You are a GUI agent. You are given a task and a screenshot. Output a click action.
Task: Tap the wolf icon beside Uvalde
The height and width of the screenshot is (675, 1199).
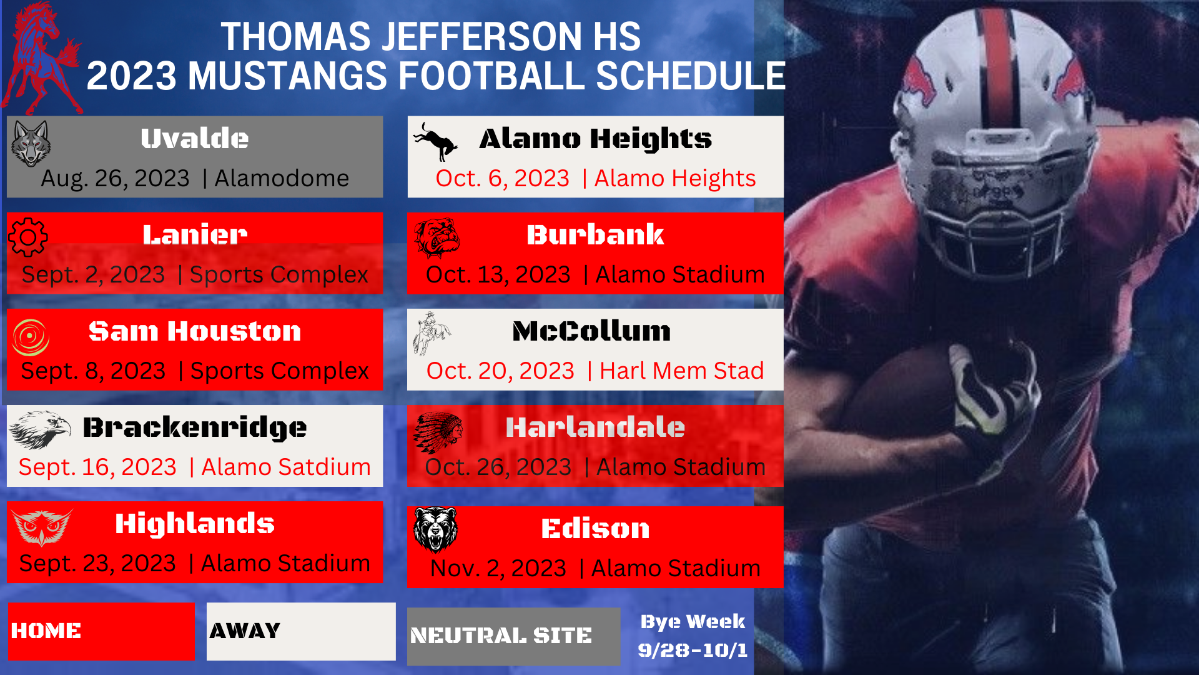(31, 143)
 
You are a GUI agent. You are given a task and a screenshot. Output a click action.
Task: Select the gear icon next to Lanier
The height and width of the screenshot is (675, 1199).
(28, 237)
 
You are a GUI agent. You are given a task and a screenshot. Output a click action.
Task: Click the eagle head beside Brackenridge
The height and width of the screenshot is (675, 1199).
(40, 430)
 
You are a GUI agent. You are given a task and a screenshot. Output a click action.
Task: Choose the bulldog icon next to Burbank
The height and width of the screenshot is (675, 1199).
(437, 237)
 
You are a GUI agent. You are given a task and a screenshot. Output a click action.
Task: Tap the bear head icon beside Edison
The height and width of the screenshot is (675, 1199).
(436, 530)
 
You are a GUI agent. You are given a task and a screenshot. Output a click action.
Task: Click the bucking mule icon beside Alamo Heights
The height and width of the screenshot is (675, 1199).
(435, 141)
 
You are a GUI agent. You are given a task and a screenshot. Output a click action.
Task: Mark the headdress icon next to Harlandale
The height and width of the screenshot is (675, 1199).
(438, 432)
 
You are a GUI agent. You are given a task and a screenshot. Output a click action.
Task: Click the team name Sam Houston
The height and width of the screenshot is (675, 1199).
(195, 331)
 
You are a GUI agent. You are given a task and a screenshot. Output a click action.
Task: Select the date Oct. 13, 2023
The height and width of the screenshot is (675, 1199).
(498, 274)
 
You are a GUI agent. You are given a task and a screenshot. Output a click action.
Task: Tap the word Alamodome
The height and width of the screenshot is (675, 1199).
(282, 178)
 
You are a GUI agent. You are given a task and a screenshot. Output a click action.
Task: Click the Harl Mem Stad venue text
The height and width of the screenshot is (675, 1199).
(682, 371)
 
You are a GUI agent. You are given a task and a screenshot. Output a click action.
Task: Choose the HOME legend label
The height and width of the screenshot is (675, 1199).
(46, 631)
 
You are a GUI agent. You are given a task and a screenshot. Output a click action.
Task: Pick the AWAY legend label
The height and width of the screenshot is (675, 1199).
(245, 631)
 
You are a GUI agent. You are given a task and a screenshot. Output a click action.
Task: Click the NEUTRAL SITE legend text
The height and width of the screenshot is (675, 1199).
(501, 636)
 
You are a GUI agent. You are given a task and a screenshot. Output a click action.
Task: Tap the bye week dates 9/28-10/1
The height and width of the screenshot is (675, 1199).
(693, 650)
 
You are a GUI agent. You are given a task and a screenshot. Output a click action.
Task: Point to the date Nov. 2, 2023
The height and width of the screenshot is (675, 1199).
(498, 568)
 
